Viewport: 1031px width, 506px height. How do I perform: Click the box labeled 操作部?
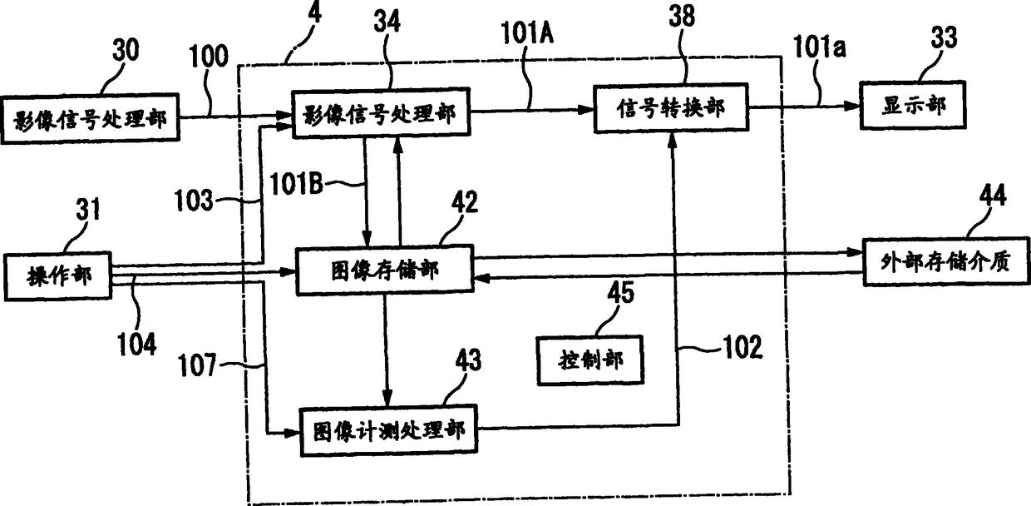pos(59,275)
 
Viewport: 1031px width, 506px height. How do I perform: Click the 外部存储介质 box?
pos(945,263)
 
